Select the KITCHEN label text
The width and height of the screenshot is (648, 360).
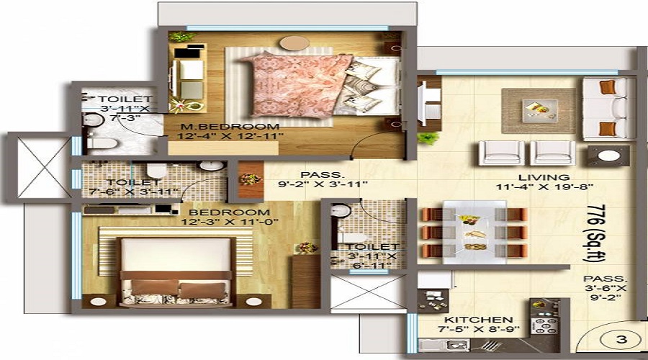click(x=478, y=320)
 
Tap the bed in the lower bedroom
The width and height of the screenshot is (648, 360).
click(x=176, y=269)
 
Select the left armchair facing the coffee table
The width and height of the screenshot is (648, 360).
click(x=502, y=152)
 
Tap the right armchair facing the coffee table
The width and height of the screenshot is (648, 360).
click(x=553, y=152)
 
